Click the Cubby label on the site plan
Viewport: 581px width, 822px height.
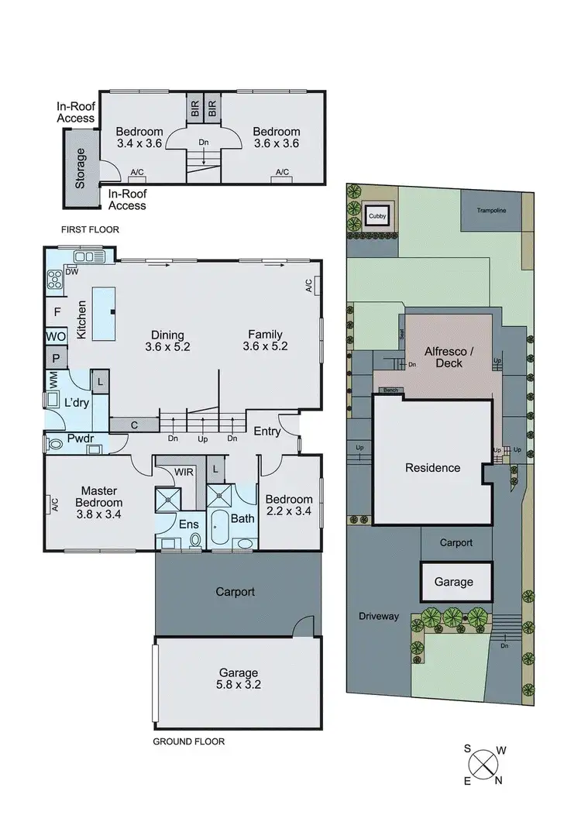coord(376,216)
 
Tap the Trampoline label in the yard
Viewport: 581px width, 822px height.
coord(496,210)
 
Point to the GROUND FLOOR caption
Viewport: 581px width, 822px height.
coord(188,741)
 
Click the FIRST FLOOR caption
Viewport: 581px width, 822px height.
coord(91,230)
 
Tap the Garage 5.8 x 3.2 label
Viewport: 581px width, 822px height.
coord(237,679)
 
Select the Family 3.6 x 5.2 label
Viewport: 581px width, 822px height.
coord(265,341)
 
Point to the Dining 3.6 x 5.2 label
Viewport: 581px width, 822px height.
coord(167,341)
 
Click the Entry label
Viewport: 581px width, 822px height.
coord(267,432)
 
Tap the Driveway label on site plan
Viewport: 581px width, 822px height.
coord(379,616)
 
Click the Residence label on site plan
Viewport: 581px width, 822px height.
coord(432,468)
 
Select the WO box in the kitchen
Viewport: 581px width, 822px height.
coord(55,338)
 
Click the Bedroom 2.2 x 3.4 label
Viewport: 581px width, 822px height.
coord(288,505)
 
